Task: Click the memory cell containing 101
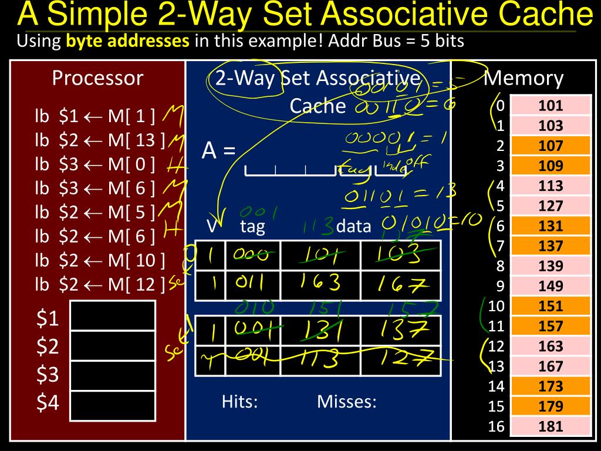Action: pyautogui.click(x=550, y=106)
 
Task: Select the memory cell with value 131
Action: pyautogui.click(x=550, y=226)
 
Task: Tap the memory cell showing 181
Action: pyautogui.click(x=550, y=427)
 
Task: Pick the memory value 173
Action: pyautogui.click(x=550, y=386)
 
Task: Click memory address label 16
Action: pyautogui.click(x=496, y=426)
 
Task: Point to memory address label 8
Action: pyautogui.click(x=499, y=266)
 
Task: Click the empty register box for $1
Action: pyautogui.click(x=112, y=315)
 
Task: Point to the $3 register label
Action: pyautogui.click(x=48, y=375)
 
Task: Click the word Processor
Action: pyautogui.click(x=97, y=78)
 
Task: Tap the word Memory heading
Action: pyautogui.click(x=524, y=78)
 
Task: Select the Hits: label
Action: pyautogui.click(x=240, y=402)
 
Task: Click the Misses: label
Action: pyautogui.click(x=346, y=402)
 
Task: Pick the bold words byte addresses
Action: pyautogui.click(x=128, y=41)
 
